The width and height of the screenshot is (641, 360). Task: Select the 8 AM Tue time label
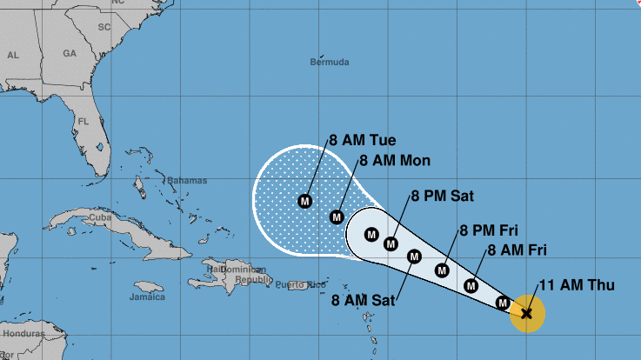[x=362, y=141]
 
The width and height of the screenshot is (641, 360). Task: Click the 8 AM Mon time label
[x=393, y=161]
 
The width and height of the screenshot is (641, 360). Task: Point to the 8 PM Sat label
[x=444, y=197]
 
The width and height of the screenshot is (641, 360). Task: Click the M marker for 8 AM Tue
[x=304, y=201]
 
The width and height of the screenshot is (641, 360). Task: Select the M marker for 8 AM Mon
[x=337, y=217]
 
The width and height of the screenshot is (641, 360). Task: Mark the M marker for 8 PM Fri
[x=442, y=270]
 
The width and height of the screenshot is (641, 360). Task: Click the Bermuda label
[x=330, y=63]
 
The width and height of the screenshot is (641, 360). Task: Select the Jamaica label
[x=147, y=297]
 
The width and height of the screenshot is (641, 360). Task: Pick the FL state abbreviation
[x=83, y=121]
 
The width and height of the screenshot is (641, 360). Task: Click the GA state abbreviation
[x=70, y=53]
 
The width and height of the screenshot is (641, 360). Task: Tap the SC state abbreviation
[x=104, y=27]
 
